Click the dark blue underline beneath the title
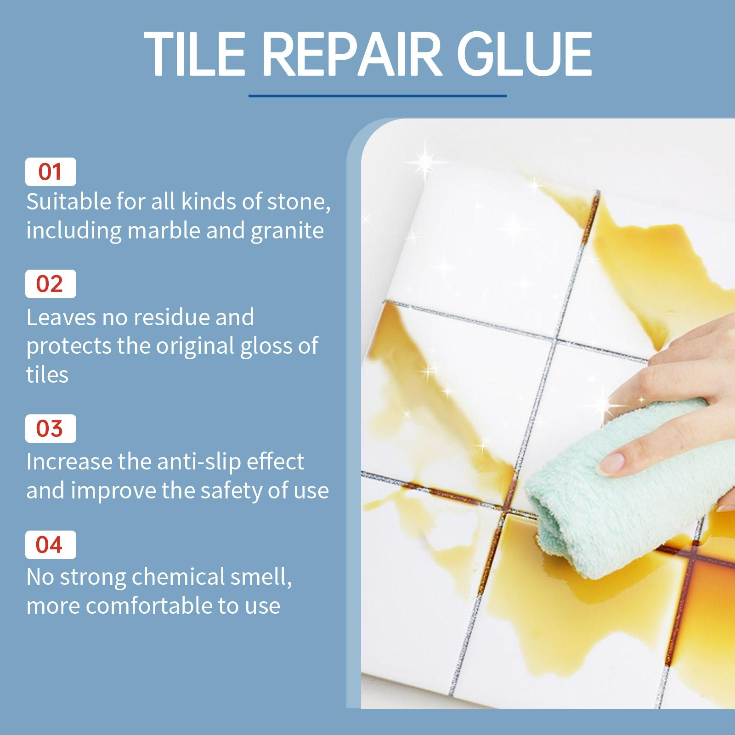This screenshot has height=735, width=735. click(377, 96)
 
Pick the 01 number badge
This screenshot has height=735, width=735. click(51, 172)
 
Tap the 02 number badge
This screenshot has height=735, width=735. click(51, 284)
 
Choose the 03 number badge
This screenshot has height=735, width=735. click(51, 429)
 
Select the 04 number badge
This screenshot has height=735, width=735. click(51, 545)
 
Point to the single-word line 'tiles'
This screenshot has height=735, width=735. click(47, 375)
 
